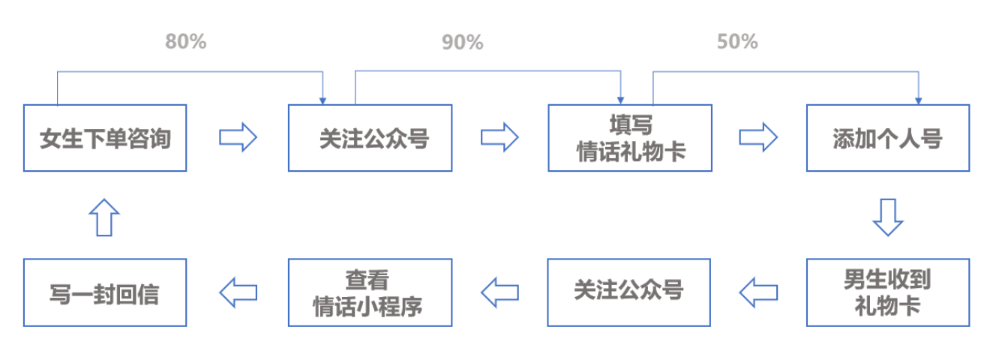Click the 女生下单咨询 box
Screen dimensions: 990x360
pos(105,138)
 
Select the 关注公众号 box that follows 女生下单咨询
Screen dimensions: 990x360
pos(370,138)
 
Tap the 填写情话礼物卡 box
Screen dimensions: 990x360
pos(630,138)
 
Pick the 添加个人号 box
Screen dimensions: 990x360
pos(888,138)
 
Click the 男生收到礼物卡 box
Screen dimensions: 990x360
pos(888,292)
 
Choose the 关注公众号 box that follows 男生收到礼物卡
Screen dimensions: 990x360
pos(629,292)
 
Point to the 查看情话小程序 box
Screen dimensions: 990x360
pos(370,292)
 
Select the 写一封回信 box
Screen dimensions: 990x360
pos(105,292)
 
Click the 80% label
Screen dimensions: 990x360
pos(186,41)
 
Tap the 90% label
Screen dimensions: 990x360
pos(463,43)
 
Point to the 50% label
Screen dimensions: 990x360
pos(737,41)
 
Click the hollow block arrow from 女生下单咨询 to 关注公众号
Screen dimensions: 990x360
pos(238,137)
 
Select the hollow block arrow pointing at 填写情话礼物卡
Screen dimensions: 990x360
pos(499,137)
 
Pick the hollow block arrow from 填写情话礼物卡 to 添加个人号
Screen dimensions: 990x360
pos(758,137)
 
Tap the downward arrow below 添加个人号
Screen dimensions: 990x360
pos(888,217)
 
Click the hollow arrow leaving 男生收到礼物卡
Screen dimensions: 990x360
pos(758,292)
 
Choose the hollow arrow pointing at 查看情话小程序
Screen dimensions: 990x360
pos(499,292)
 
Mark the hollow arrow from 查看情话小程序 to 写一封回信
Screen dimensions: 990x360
pos(238,292)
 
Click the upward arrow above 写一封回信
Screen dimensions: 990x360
pos(104,217)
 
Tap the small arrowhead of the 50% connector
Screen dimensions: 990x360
pos(919,101)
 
